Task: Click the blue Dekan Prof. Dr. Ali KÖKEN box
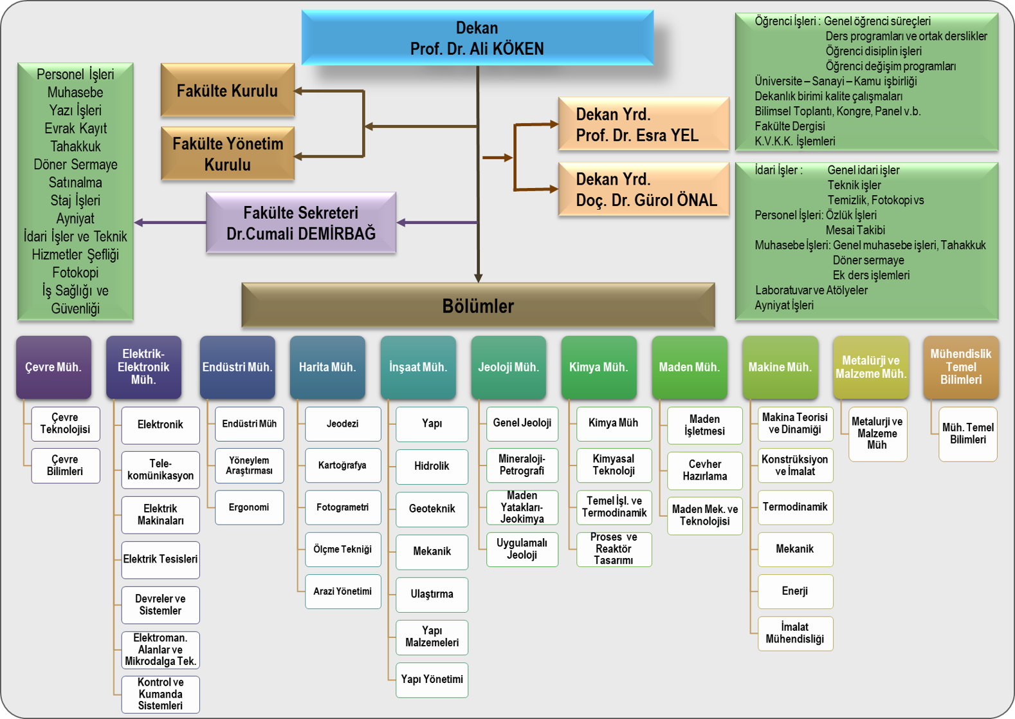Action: pyautogui.click(x=477, y=38)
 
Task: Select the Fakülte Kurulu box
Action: pyautogui.click(x=228, y=91)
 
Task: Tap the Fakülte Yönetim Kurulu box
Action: pyautogui.click(x=228, y=154)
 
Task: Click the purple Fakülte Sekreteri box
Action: pyautogui.click(x=301, y=223)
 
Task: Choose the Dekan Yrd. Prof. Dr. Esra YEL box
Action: pyautogui.click(x=643, y=124)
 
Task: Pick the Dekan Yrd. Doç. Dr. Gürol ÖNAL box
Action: pyautogui.click(x=643, y=189)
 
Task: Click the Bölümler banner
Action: pyautogui.click(x=478, y=306)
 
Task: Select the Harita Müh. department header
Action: pyautogui.click(x=327, y=368)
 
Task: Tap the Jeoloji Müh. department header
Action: pyautogui.click(x=508, y=368)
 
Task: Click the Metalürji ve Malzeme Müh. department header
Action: pyautogui.click(x=870, y=368)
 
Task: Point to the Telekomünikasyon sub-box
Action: pyautogui.click(x=161, y=469)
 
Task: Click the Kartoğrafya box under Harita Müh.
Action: pyautogui.click(x=342, y=465)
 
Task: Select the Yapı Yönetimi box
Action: pyautogui.click(x=432, y=680)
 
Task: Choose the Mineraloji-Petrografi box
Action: pyautogui.click(x=522, y=465)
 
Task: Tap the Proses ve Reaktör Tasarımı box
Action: pyautogui.click(x=614, y=549)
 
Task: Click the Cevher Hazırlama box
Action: pyautogui.click(x=704, y=471)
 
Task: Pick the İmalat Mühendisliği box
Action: pyautogui.click(x=795, y=633)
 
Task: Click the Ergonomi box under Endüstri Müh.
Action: pyautogui.click(x=249, y=507)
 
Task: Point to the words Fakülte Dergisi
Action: pyautogui.click(x=790, y=126)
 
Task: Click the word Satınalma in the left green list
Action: pyautogui.click(x=75, y=183)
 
